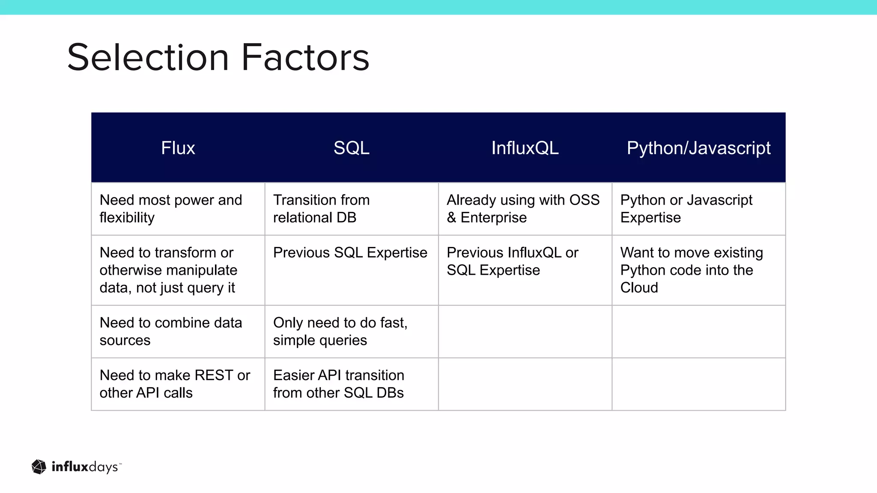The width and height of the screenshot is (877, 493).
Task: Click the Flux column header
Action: point(178,148)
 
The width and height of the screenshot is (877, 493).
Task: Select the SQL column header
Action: point(351,148)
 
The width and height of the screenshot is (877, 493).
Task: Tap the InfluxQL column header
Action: point(525,148)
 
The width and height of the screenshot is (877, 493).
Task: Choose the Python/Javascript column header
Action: point(698,148)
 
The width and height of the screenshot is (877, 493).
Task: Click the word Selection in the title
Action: point(148,57)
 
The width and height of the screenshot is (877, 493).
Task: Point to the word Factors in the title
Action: point(305,57)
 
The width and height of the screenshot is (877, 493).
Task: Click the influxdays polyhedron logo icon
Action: point(39,467)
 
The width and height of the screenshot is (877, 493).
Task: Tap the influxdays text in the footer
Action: point(85,467)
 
